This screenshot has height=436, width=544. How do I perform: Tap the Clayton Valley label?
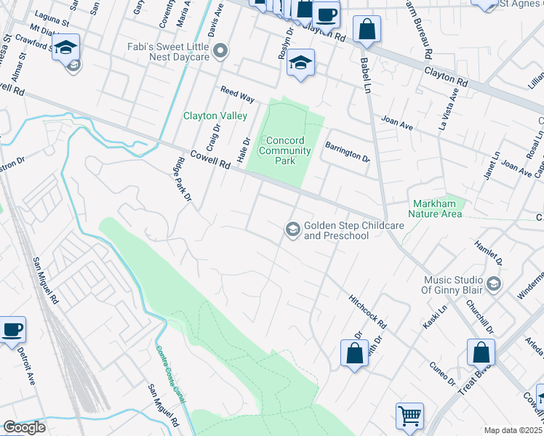(215, 116)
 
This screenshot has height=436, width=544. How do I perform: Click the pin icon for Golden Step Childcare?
(292, 230)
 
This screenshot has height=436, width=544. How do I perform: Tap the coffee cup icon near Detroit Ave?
(12, 329)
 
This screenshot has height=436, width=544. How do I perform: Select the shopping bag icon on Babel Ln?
(367, 30)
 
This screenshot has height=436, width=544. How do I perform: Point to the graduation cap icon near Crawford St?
(66, 47)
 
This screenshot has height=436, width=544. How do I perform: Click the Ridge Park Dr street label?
(183, 180)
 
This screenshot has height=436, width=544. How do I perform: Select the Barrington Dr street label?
(347, 151)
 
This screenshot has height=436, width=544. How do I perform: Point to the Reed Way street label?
(237, 93)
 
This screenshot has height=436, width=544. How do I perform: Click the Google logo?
(24, 427)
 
